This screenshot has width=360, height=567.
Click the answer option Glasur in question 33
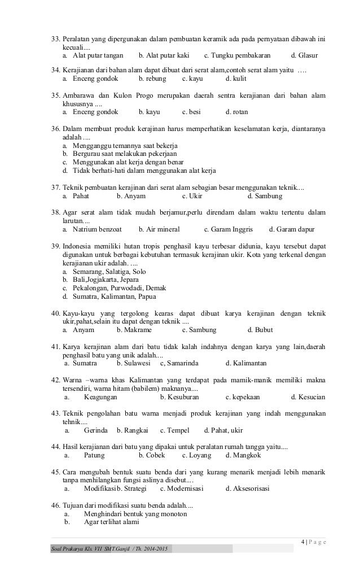coord(308,56)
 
